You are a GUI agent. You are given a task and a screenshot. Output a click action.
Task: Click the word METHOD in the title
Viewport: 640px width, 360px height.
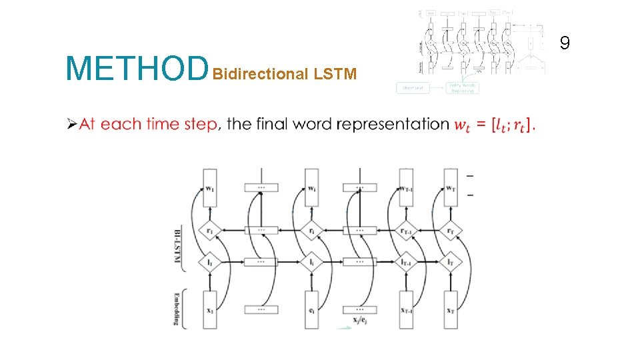point(137,68)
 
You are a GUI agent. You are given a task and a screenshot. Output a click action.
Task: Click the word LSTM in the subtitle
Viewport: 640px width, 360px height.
point(336,74)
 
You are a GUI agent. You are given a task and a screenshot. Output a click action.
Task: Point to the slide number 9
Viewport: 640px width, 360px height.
point(565,44)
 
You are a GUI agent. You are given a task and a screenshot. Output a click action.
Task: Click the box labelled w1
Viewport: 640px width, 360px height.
point(210,189)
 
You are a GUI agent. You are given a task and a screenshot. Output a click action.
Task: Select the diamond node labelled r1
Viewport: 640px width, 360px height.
point(210,231)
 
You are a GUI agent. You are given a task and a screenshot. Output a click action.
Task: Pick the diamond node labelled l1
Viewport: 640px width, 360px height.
point(210,263)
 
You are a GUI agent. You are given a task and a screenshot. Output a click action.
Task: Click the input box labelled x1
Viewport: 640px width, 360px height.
point(210,310)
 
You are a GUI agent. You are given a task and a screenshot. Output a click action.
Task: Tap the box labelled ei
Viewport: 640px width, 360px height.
point(311,310)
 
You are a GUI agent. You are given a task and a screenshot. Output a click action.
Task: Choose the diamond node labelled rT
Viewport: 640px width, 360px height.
point(451,231)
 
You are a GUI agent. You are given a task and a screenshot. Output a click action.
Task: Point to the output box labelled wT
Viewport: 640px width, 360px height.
point(451,189)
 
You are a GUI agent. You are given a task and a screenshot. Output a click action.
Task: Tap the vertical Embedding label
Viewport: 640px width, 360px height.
point(178,307)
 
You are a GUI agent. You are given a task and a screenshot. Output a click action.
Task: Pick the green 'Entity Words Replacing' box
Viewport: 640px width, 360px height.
point(462,87)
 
